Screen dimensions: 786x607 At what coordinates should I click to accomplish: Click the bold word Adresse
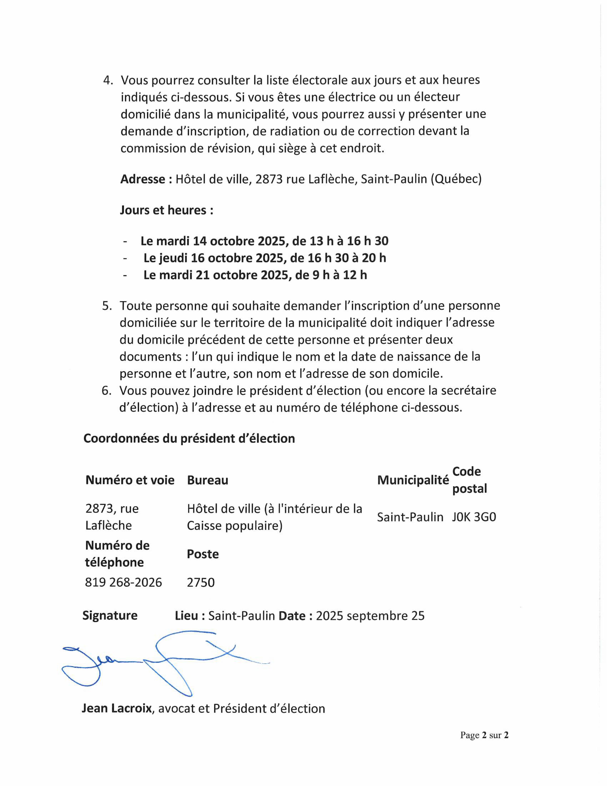(x=142, y=179)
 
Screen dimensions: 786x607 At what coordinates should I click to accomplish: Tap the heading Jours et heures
(x=166, y=210)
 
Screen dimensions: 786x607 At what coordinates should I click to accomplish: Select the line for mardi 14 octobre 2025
(x=264, y=241)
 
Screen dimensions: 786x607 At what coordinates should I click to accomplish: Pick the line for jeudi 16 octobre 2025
(x=265, y=258)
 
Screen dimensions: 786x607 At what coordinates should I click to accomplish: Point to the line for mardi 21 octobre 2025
(x=255, y=275)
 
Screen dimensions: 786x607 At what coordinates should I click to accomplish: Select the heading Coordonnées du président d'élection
(x=189, y=438)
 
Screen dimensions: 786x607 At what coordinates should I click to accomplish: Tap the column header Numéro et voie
(x=130, y=480)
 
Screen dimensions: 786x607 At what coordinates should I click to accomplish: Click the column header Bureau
(x=208, y=480)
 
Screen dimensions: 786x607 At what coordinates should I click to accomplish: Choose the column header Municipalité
(x=413, y=480)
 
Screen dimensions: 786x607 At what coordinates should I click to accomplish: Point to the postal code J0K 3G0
(x=474, y=517)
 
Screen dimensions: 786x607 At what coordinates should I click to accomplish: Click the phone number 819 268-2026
(x=123, y=582)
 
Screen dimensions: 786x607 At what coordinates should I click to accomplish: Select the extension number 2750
(x=201, y=582)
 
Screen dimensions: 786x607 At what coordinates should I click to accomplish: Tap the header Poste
(x=203, y=554)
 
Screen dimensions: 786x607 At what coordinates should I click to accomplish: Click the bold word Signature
(x=110, y=615)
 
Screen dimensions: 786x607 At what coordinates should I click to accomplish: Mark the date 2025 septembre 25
(x=370, y=616)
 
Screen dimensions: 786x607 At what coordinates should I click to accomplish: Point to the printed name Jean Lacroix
(x=116, y=708)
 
